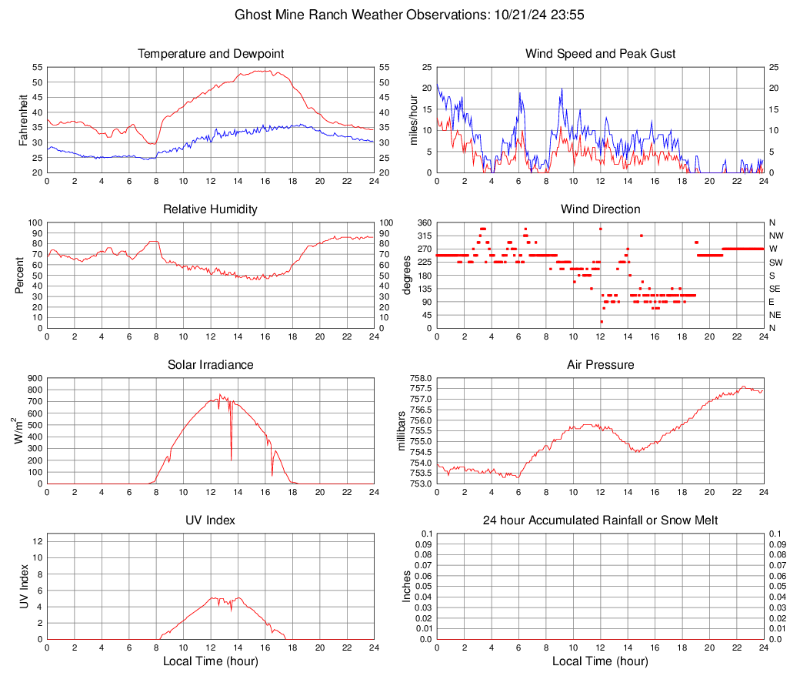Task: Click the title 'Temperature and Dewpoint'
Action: pos(210,54)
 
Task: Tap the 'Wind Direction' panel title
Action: pos(600,209)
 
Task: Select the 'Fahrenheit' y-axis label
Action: pos(24,120)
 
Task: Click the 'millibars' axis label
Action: pos(400,431)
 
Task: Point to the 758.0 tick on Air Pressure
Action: pos(421,378)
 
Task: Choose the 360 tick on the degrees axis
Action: pos(423,223)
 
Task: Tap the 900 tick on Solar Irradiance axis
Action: pos(34,378)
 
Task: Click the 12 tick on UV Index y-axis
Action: pos(37,541)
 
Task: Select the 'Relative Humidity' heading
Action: pos(210,209)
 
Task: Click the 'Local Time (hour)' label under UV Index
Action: pos(210,661)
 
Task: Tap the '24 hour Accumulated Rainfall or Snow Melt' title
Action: pos(600,520)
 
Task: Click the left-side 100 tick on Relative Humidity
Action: pos(33,223)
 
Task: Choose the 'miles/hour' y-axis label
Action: pos(414,120)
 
